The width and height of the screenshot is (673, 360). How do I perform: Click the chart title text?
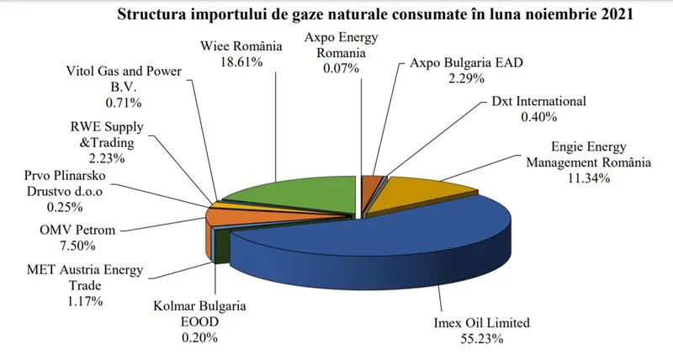pos(375,14)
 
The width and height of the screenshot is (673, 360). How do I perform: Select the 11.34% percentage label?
pos(589,177)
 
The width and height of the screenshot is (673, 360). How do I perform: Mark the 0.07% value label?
pos(342,68)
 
